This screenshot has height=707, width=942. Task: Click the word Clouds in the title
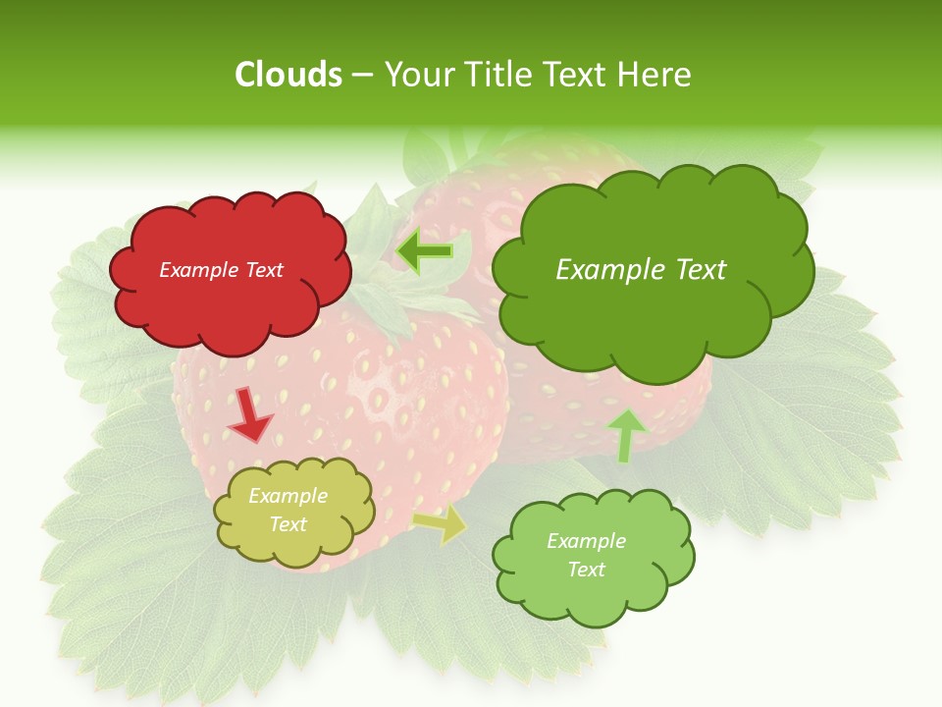click(288, 75)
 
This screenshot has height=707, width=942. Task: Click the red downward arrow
click(250, 416)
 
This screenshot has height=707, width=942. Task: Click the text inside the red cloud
click(221, 270)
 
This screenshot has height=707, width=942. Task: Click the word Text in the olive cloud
click(288, 524)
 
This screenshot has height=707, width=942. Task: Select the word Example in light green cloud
click(586, 541)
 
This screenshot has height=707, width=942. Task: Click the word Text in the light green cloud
click(586, 570)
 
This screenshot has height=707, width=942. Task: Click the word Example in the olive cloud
click(288, 497)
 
